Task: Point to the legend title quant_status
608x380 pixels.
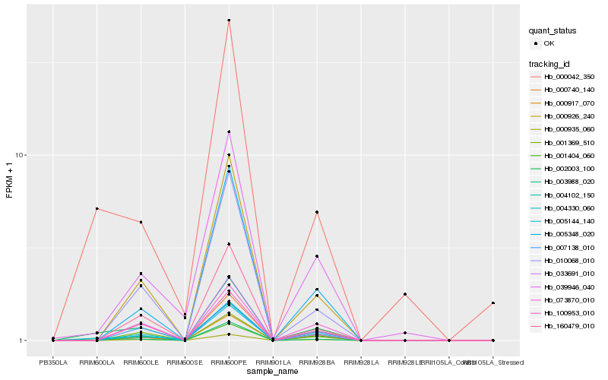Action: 553,30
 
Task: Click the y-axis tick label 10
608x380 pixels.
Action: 21,155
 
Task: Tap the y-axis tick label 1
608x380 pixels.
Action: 24,340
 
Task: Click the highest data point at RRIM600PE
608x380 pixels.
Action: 229,20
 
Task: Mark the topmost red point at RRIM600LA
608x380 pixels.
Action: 97,208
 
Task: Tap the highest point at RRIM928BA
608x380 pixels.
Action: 317,212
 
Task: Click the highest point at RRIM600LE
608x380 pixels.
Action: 141,222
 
